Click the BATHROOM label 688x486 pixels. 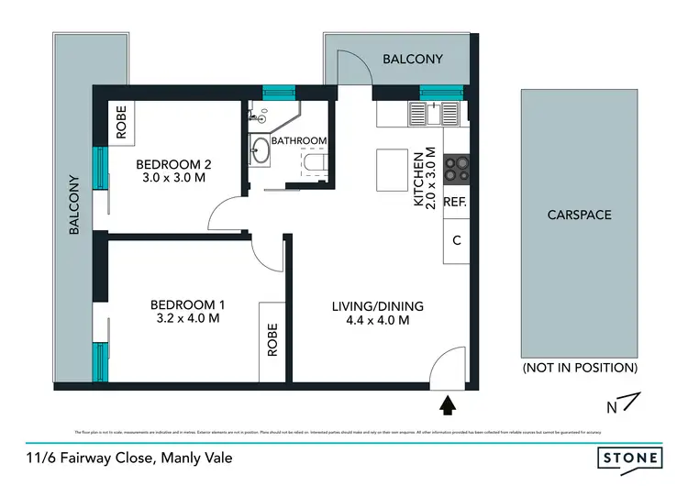click(299, 140)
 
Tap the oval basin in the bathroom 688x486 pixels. click(261, 151)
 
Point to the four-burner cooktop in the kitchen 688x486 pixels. click(456, 169)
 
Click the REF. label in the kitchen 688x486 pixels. click(456, 203)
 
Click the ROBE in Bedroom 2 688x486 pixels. click(121, 121)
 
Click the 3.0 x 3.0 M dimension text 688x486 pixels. click(173, 179)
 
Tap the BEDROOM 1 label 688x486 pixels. click(187, 304)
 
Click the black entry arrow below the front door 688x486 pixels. click(449, 403)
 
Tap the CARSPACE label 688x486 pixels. click(579, 215)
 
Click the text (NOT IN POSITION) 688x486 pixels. click(579, 368)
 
